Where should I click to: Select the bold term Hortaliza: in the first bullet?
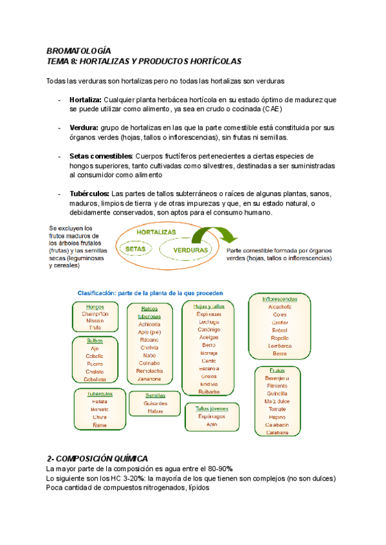85,100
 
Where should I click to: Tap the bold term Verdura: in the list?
84,128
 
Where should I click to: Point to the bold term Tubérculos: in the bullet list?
89,193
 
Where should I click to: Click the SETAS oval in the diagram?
134,247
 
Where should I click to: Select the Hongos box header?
95,307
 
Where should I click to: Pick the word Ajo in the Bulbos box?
95,348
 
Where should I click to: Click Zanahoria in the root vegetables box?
149,379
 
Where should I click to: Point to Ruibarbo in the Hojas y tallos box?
208,391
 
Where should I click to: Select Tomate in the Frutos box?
278,409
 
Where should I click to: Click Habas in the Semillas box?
156,411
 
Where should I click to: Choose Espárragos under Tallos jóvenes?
211,416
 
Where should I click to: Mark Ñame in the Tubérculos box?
100,425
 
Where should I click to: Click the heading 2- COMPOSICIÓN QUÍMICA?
98,458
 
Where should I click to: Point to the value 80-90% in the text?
218,469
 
